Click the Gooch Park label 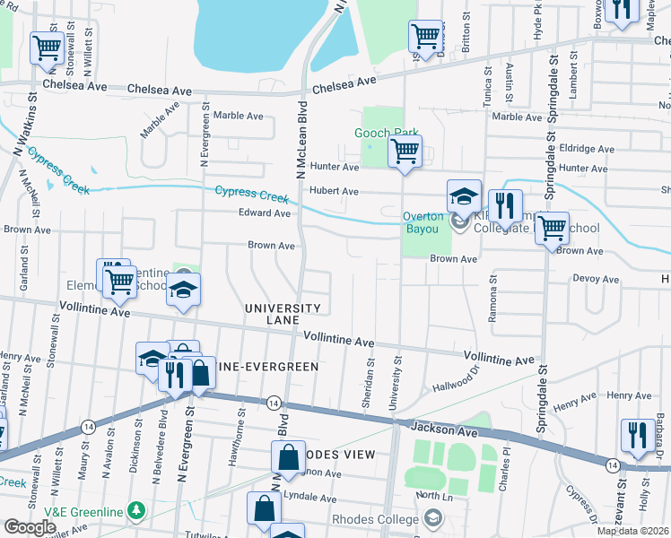387,133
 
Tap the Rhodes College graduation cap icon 433,517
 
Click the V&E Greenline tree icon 135,511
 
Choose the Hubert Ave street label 334,191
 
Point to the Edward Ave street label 264,213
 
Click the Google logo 29,527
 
